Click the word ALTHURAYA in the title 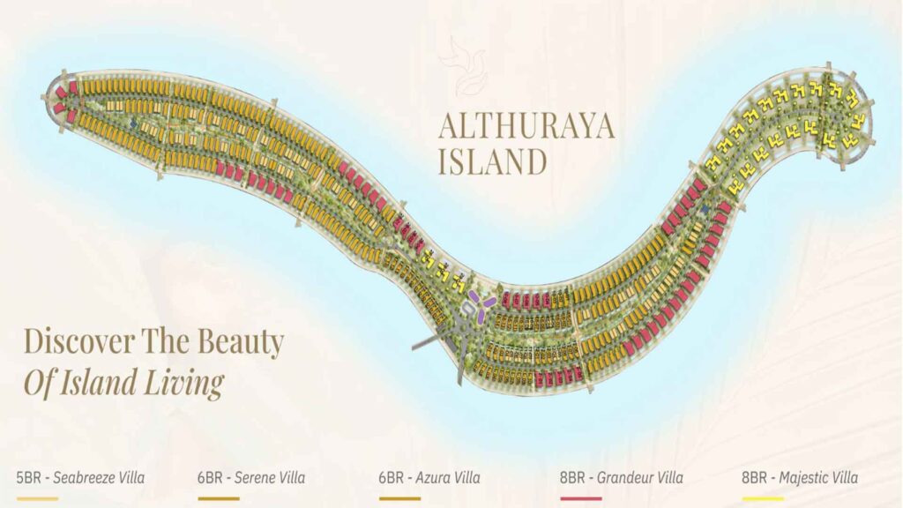tap(526, 128)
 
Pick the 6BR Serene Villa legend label tap(251, 478)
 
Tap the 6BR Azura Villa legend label tap(429, 478)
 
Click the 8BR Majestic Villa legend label tap(800, 478)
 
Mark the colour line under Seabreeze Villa tap(37, 498)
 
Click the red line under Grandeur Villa tap(580, 498)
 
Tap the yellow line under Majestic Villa tap(763, 498)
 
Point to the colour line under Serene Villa tap(218, 498)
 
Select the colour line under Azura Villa tap(399, 498)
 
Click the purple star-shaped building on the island tap(481, 304)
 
